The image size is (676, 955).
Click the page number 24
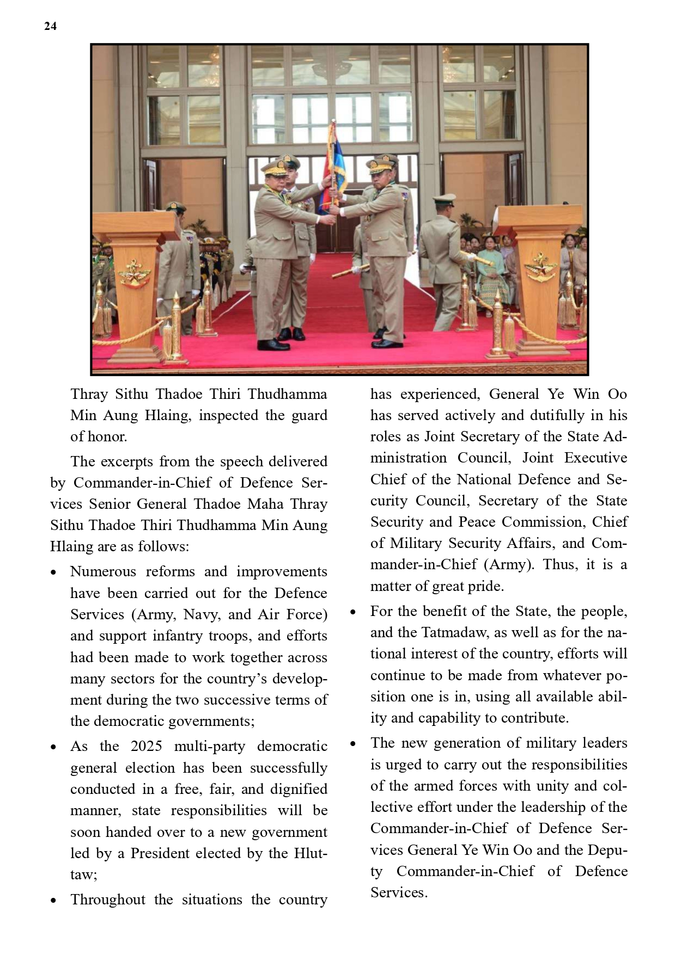coord(50,26)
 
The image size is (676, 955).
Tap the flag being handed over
coord(336,163)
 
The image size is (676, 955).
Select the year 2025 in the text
coord(146,746)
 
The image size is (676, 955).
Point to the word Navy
coord(201,614)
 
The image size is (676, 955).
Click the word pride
coord(485,586)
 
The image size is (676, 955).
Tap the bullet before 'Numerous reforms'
coord(53,573)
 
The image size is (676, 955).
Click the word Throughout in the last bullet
coord(108,899)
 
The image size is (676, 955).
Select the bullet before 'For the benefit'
coord(354,613)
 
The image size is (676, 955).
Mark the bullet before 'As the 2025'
coord(53,748)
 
